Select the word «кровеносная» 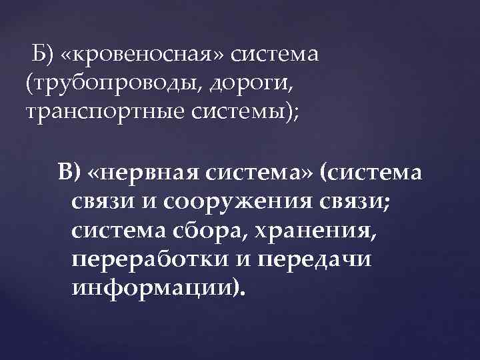tap(143, 55)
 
